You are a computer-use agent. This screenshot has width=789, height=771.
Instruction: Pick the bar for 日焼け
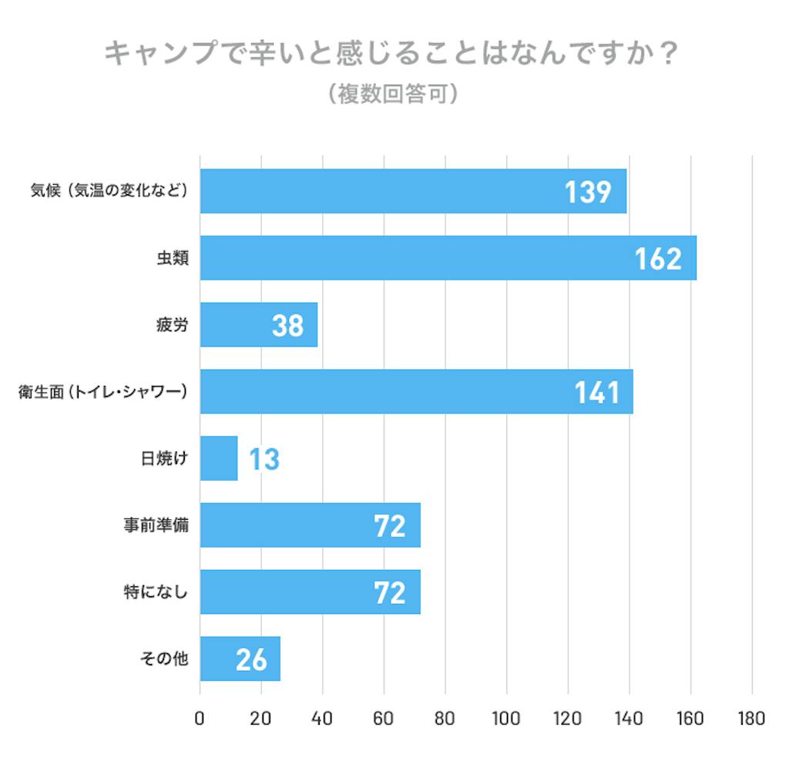tap(218, 458)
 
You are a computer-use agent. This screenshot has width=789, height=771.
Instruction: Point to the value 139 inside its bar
tap(588, 192)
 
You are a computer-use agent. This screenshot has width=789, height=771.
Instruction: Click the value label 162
tap(658, 259)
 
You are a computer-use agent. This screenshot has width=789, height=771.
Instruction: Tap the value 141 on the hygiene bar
tap(597, 392)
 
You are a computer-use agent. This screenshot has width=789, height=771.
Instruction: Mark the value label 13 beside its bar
tap(264, 459)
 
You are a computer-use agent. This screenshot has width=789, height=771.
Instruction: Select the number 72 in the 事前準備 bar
tap(389, 525)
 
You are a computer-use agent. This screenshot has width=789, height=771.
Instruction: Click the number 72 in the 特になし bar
tap(389, 592)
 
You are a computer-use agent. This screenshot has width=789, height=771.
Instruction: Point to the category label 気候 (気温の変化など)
tap(109, 192)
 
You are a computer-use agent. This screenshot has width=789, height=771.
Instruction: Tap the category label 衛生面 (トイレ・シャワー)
tap(102, 392)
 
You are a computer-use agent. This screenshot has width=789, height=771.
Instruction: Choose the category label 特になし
tap(156, 592)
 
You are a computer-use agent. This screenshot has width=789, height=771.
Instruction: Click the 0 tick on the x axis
tap(200, 719)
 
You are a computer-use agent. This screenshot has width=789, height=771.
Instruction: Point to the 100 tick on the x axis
tap(506, 719)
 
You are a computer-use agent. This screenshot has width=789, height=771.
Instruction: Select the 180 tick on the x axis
tap(750, 719)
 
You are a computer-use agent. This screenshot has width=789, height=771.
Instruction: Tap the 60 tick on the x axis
tap(384, 719)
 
